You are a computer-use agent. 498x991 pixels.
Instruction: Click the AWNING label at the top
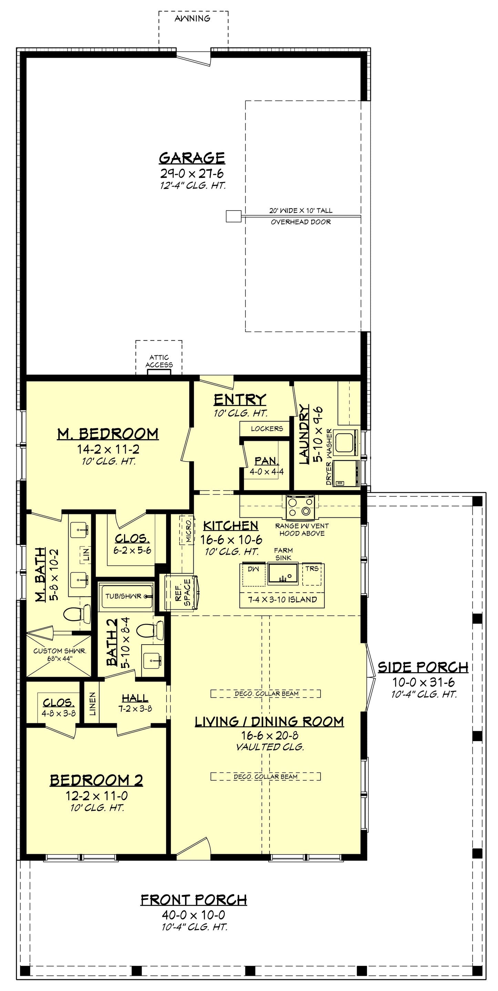(x=192, y=19)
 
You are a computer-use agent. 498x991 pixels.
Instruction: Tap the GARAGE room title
(x=192, y=158)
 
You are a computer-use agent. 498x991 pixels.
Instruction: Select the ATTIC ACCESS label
(x=159, y=361)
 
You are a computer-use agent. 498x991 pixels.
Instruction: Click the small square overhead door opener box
(x=233, y=216)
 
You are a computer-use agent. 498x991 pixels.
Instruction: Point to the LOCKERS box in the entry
(x=266, y=428)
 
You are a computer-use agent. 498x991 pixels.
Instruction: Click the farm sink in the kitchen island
(x=283, y=573)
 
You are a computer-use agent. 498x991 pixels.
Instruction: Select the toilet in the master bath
(x=76, y=614)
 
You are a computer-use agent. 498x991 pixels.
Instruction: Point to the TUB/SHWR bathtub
(x=125, y=596)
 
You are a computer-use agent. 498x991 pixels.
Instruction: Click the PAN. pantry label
(x=266, y=461)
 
